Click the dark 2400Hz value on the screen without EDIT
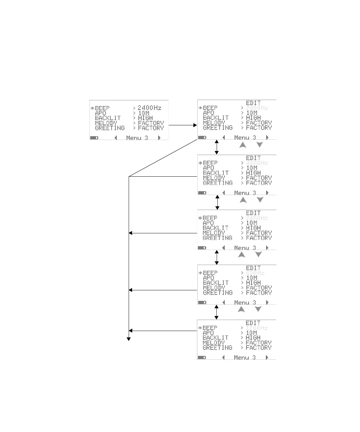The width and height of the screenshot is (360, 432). tap(149, 108)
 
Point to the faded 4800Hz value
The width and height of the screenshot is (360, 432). tap(257, 163)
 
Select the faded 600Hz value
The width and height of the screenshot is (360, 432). tap(255, 273)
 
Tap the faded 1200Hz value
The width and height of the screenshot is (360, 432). tap(257, 328)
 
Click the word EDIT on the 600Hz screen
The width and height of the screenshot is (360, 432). tap(253, 268)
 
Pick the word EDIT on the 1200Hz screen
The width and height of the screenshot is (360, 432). tap(253, 323)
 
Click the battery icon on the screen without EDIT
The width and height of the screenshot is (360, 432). tap(94, 138)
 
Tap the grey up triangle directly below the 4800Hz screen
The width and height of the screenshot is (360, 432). tap(243, 200)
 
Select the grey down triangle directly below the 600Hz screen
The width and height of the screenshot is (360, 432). tap(258, 309)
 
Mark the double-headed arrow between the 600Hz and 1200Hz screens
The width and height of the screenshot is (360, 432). tap(216, 312)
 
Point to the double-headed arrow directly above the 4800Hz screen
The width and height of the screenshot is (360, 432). tap(217, 147)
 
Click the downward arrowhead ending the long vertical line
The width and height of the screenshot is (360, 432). tap(129, 339)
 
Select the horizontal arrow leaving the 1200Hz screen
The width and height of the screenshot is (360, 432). tap(163, 331)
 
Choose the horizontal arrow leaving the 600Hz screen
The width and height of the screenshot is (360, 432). tap(163, 290)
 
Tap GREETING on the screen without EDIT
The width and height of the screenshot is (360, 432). tap(110, 128)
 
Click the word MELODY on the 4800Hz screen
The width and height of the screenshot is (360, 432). tap(214, 178)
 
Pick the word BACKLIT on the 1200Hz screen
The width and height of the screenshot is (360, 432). tap(215, 338)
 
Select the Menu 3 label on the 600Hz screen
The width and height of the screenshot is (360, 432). tap(245, 303)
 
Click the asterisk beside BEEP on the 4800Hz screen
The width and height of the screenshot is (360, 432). tap(200, 163)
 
